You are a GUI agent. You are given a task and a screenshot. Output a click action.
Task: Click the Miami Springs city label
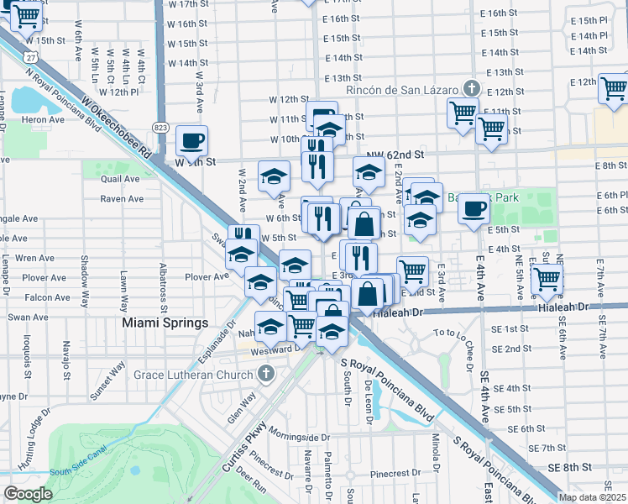pyautogui.click(x=165, y=323)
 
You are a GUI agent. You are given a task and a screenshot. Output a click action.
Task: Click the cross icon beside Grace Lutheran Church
pyautogui.click(x=266, y=374)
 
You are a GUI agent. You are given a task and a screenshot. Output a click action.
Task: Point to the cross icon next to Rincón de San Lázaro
pyautogui.click(x=472, y=88)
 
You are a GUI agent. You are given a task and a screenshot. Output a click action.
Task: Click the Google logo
pyautogui.click(x=28, y=494)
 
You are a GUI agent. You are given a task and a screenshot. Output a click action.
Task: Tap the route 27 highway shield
pyautogui.click(x=29, y=56)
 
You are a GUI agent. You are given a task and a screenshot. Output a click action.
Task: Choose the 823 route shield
pyautogui.click(x=160, y=127)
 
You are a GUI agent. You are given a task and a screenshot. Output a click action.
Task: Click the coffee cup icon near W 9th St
pyautogui.click(x=192, y=139)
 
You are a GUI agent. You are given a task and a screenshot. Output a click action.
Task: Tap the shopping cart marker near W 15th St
pyautogui.click(x=28, y=15)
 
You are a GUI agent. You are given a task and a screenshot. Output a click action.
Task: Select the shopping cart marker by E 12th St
pyautogui.click(x=614, y=87)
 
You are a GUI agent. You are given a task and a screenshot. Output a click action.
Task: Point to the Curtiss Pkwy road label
pyautogui.click(x=248, y=441)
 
